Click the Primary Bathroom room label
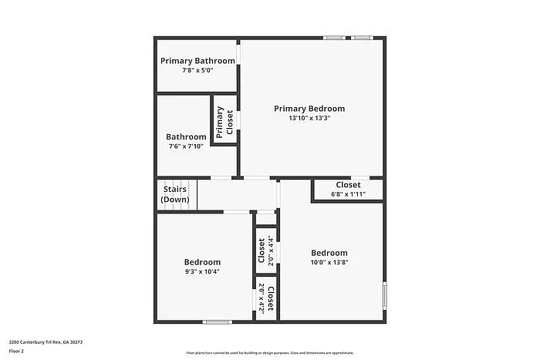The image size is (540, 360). [197, 61]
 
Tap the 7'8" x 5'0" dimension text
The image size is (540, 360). [197, 70]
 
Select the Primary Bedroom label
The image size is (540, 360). [309, 109]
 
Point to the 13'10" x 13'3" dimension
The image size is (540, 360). [309, 118]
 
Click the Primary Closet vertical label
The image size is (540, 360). [224, 123]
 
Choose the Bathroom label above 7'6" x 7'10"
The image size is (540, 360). [186, 136]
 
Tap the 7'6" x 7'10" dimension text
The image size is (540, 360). [186, 146]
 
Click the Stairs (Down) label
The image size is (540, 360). [175, 193]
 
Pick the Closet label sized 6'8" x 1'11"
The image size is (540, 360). [348, 185]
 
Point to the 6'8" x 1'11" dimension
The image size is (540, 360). [348, 193]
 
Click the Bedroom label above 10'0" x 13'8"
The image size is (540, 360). [329, 253]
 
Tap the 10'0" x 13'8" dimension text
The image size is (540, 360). [329, 262]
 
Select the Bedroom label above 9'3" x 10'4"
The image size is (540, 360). [202, 262]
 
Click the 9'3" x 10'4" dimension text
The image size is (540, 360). [202, 271]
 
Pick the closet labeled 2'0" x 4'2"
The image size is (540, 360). [266, 298]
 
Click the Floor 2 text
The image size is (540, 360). [17, 351]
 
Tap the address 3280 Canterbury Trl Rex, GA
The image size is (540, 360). [46, 341]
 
